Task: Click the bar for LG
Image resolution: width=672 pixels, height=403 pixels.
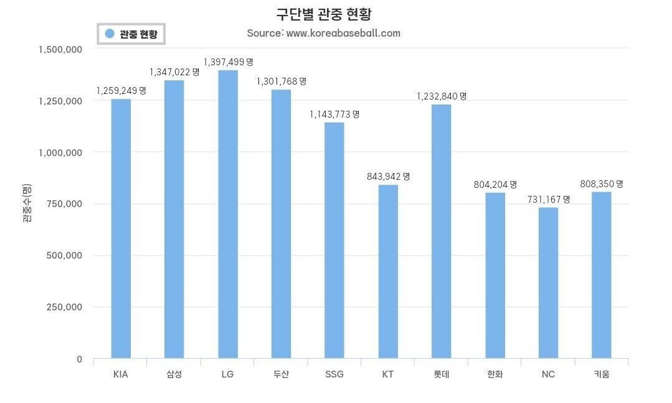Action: pos(228,215)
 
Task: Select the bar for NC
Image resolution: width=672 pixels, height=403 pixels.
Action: pos(548,283)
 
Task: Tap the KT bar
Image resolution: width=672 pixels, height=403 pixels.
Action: pos(388,272)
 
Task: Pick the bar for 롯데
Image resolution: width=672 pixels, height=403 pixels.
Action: pos(442,231)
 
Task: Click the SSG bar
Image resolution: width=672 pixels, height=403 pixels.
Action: pos(334,241)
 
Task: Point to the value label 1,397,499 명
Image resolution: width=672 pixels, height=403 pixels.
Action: pos(228,62)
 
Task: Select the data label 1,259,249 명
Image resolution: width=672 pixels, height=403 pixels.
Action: pos(121,90)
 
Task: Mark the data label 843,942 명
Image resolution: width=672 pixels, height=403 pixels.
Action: pos(388,177)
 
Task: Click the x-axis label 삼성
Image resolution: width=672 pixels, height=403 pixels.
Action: pos(174,374)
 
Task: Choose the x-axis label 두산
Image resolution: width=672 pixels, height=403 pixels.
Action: pos(281,374)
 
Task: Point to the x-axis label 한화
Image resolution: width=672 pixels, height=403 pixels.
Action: pos(495,374)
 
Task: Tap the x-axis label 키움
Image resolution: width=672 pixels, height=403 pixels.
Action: pos(602,374)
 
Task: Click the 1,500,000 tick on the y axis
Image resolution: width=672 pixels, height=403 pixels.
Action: pos(60,49)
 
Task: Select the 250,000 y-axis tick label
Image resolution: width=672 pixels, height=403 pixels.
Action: pos(65,307)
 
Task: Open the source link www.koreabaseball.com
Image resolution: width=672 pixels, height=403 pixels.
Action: pos(343,33)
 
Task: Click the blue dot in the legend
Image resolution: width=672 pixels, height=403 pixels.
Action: pos(110,34)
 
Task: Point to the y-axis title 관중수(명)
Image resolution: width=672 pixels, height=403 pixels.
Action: pos(27,204)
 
